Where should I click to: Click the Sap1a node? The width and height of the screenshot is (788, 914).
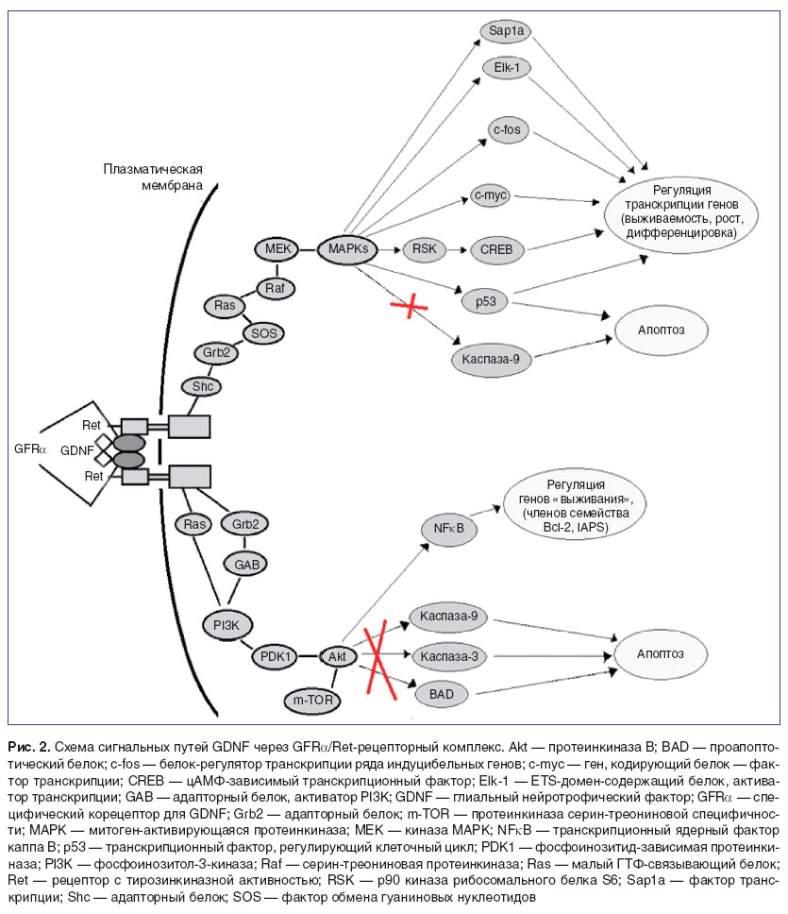pyautogui.click(x=506, y=31)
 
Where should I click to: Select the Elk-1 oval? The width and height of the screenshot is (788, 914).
pyautogui.click(x=507, y=68)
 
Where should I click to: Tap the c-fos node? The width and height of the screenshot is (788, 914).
pyautogui.click(x=508, y=129)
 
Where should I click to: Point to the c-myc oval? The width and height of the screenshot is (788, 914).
pyautogui.click(x=491, y=195)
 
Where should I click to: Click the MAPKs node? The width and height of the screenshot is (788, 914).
pyautogui.click(x=347, y=249)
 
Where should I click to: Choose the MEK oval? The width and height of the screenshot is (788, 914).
pyautogui.click(x=277, y=249)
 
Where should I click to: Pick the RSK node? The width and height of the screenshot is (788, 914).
pyautogui.click(x=424, y=249)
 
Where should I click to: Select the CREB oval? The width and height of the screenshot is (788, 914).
pyautogui.click(x=496, y=249)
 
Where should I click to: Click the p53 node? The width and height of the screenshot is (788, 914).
pyautogui.click(x=485, y=301)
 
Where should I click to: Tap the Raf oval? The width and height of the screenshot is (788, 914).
pyautogui.click(x=276, y=288)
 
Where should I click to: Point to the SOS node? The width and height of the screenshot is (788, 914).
pyautogui.click(x=264, y=333)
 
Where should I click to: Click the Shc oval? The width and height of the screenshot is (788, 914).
pyautogui.click(x=202, y=386)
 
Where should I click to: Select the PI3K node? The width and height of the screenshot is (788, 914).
pyautogui.click(x=226, y=625)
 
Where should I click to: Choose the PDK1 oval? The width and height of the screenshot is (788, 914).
pyautogui.click(x=275, y=656)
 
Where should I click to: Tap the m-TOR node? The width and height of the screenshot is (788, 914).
pyautogui.click(x=312, y=700)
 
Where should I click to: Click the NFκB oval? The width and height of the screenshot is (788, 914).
pyautogui.click(x=448, y=529)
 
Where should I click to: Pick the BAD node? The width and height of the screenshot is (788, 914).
pyautogui.click(x=442, y=694)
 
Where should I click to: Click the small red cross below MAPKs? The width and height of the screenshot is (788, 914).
pyautogui.click(x=410, y=305)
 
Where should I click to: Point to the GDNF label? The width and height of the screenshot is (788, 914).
pyautogui.click(x=76, y=450)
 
